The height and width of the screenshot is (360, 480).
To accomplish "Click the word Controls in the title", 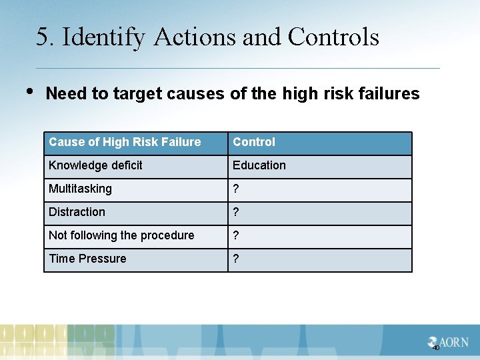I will [333, 37].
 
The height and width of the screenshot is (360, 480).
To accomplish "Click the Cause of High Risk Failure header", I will [125, 142].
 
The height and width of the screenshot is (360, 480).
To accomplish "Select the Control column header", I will [254, 142].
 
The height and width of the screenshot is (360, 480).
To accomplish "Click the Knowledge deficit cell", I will [95, 165].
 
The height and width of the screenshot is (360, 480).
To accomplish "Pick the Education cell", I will [259, 165].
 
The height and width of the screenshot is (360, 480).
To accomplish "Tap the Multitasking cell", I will [80, 189].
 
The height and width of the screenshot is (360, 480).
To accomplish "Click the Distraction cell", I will [77, 212].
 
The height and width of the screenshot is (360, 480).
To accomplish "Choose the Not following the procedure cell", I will [121, 235].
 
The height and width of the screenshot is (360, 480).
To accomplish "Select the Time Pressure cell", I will [87, 259].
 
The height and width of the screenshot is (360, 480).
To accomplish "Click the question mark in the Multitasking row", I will [235, 189].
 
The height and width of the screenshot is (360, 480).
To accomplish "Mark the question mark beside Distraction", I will [235, 212].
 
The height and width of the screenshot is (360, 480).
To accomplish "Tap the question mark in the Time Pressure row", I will [235, 259].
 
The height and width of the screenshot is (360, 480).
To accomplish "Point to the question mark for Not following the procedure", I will [235, 235].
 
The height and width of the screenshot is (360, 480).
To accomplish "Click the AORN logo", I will [449, 342].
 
